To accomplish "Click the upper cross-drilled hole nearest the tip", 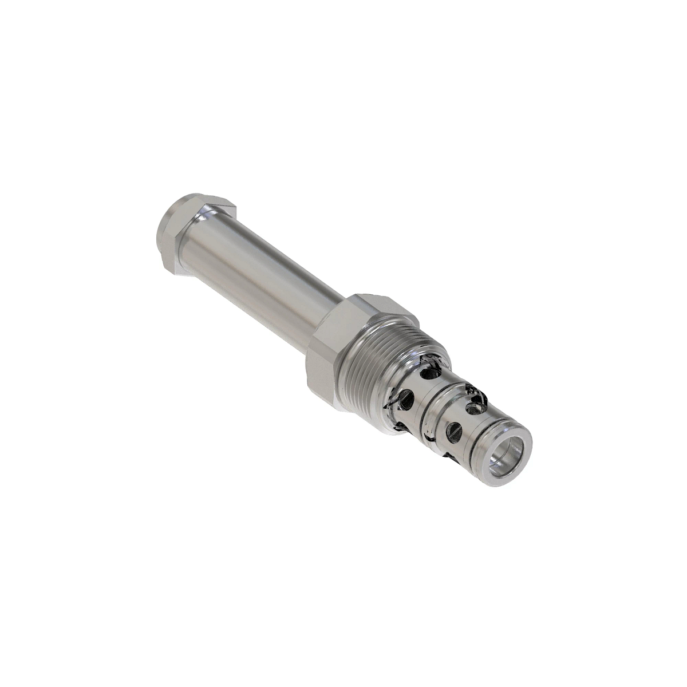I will pyautogui.click(x=475, y=408).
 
